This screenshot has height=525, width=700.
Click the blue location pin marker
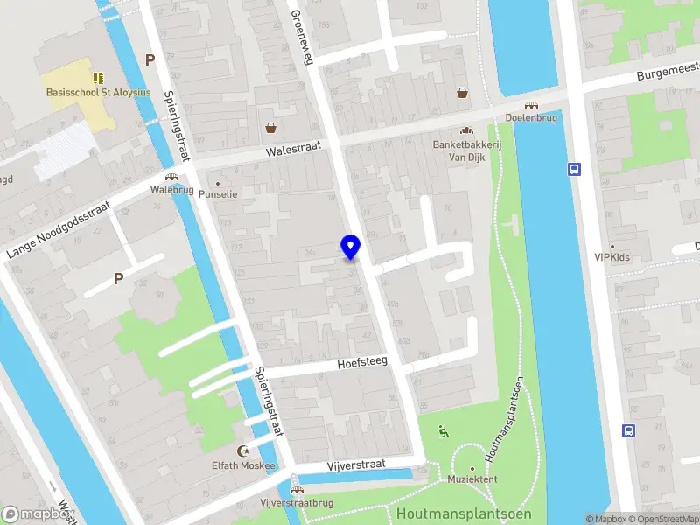(x=351, y=248)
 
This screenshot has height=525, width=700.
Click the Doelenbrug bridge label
(x=532, y=117)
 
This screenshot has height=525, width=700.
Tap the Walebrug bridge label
(x=171, y=189)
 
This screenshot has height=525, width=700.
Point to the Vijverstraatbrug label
(x=297, y=503)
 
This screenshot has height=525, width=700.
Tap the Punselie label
(x=219, y=194)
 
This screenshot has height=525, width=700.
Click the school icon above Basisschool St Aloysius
(x=98, y=77)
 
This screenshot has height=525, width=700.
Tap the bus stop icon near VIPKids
(x=575, y=170)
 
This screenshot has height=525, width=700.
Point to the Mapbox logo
(x=35, y=514)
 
